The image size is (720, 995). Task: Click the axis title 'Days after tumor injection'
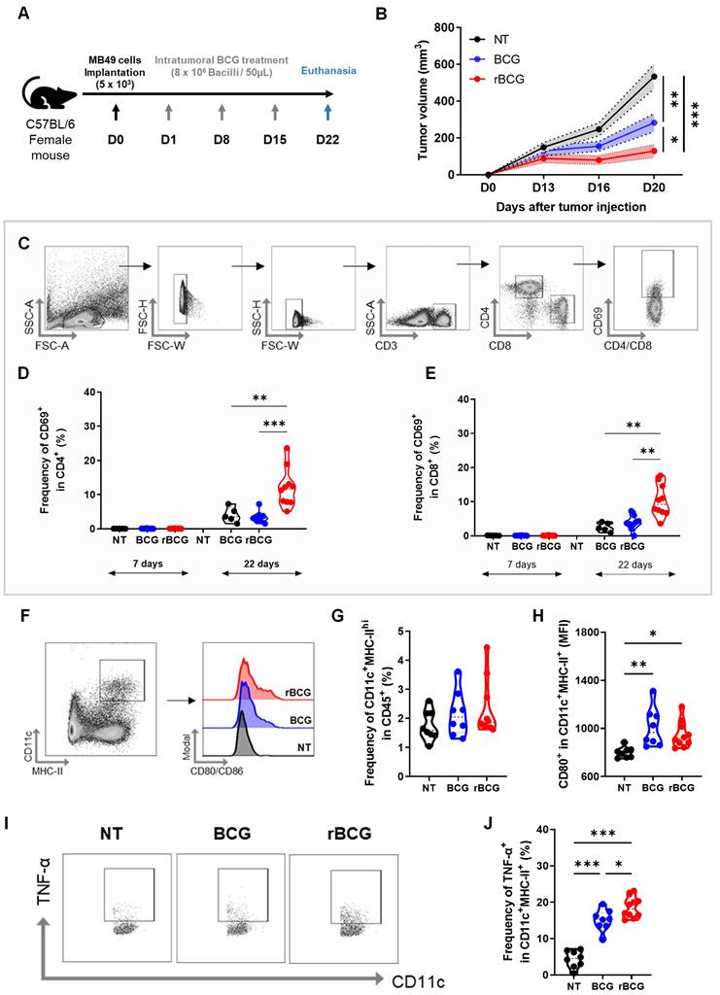click(570, 207)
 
